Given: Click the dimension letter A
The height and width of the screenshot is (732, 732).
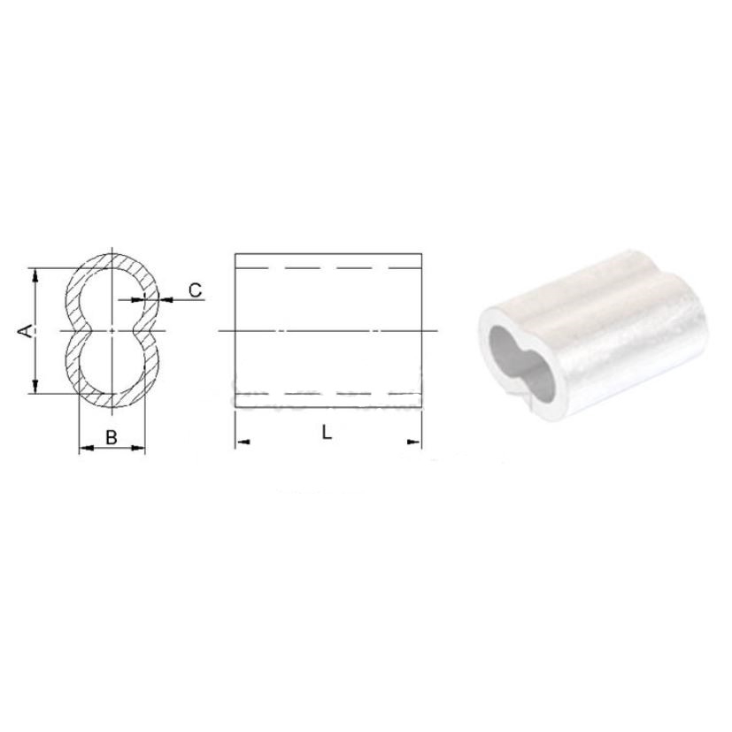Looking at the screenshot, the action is [x=26, y=330].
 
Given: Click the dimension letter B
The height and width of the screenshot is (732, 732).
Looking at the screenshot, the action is [x=112, y=437].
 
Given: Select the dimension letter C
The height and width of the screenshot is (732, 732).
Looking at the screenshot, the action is [x=195, y=290].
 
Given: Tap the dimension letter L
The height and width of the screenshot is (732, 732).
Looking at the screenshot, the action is [x=327, y=433].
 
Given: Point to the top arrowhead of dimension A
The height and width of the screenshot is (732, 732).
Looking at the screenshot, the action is [x=35, y=275].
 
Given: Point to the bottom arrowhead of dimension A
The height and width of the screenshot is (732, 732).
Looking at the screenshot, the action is [x=35, y=386].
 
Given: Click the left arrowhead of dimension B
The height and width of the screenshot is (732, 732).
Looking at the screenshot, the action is [x=87, y=448].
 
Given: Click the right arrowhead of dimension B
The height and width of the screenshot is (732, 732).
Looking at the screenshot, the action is [x=138, y=448].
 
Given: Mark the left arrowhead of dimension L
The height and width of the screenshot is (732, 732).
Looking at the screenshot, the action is [x=243, y=442].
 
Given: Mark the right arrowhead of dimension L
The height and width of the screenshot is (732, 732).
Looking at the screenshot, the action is [x=414, y=442].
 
